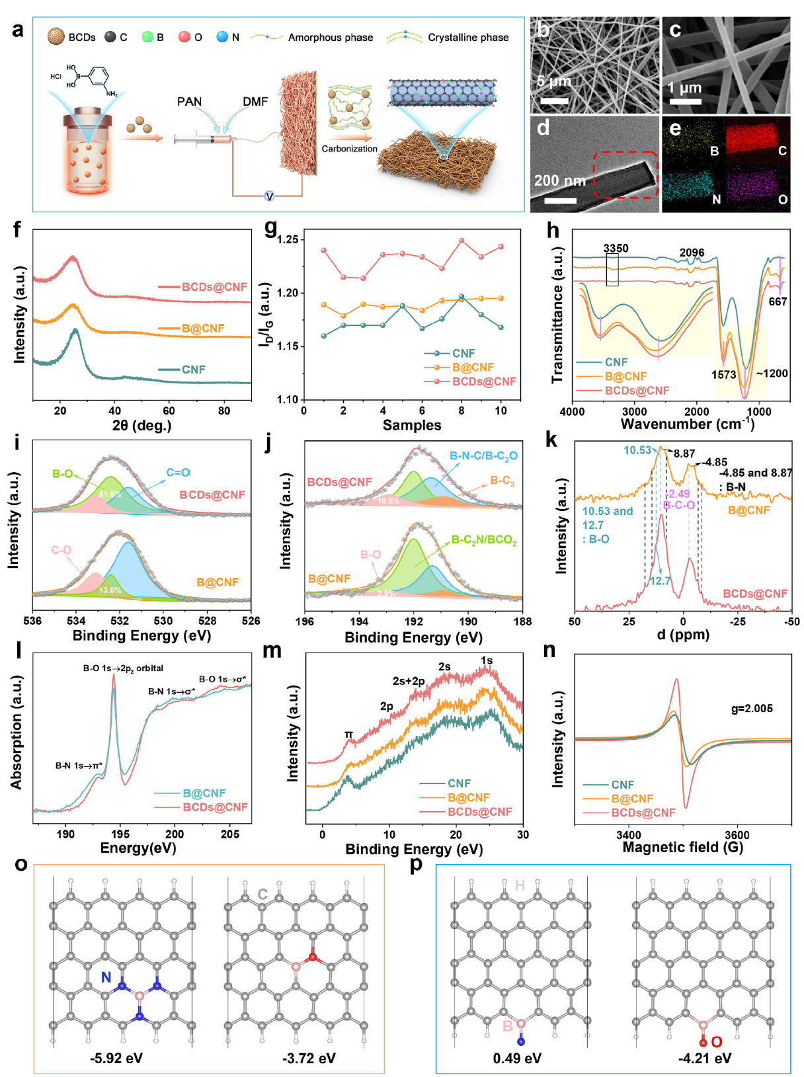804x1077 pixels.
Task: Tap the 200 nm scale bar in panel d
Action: [560, 200]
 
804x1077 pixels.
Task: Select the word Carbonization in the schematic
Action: [349, 149]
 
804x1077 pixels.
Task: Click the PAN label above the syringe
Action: [189, 102]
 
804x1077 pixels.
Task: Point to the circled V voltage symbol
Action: [269, 196]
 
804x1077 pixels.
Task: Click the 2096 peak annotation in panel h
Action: [692, 253]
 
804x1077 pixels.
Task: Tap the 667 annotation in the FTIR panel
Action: [778, 301]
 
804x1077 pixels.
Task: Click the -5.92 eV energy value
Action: [116, 1058]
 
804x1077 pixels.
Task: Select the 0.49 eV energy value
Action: [517, 1058]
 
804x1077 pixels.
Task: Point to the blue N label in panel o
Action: [106, 977]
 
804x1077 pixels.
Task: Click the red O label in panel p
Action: [716, 1042]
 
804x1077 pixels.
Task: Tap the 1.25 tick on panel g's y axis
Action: [288, 239]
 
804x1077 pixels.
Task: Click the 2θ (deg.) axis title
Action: [141, 425]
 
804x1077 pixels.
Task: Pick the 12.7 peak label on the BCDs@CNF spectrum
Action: [660, 581]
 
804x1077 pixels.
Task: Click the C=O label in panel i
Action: [178, 473]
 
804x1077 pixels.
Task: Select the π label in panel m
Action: [348, 735]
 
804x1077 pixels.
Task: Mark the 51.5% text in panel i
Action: [110, 495]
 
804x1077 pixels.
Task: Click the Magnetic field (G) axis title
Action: [682, 847]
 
